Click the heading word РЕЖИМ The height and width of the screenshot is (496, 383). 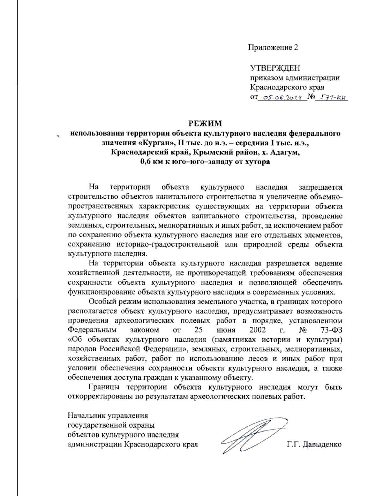(205, 123)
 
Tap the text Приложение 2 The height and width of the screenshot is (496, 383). (273, 48)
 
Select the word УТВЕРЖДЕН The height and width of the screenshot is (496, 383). (275, 68)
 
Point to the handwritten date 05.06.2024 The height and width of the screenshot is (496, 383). (282, 98)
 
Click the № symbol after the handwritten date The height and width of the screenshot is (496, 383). (311, 97)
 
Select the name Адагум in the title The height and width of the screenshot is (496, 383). (285, 152)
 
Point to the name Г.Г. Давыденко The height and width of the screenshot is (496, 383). (314, 444)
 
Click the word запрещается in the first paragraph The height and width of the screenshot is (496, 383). (320, 187)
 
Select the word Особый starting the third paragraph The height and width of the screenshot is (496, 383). (102, 302)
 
